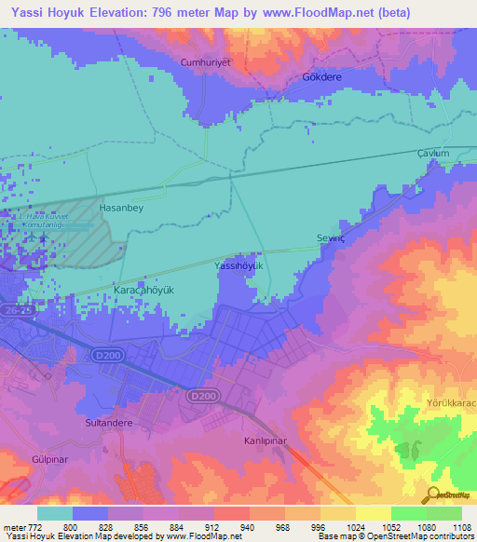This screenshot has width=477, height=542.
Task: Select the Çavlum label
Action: tap(433, 154)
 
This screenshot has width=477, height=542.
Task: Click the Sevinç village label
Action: tap(331, 238)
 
